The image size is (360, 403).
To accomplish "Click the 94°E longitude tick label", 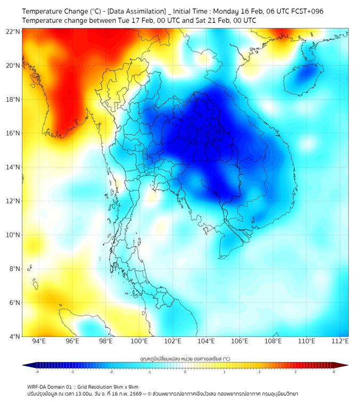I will coord(39,341).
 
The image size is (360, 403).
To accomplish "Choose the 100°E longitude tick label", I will coord(140,341).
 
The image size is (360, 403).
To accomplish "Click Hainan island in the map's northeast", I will coord(303,78).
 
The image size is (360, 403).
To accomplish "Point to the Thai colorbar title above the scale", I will coord(185,359).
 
